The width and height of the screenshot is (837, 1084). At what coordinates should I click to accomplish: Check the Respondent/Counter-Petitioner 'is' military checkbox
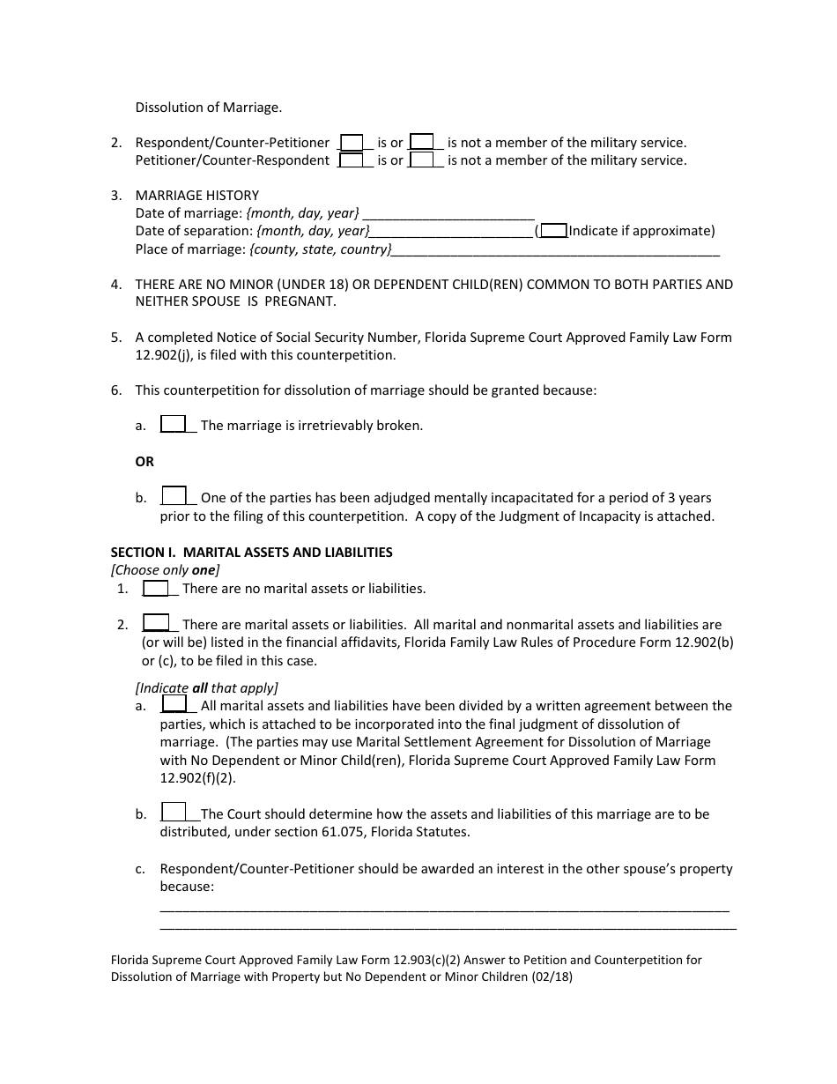coord(352,142)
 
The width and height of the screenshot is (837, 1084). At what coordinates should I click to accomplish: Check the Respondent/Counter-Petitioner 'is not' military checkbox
coord(422,142)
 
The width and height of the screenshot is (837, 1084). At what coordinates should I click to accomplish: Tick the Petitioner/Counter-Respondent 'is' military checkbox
coord(352,160)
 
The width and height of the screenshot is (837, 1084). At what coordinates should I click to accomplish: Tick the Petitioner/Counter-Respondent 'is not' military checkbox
coord(422,160)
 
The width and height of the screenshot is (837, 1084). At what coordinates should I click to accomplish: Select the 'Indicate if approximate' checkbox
coord(553,231)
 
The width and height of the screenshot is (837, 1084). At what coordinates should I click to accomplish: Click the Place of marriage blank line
coord(555,250)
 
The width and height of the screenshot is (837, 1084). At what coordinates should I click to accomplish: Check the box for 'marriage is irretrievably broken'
coord(173,424)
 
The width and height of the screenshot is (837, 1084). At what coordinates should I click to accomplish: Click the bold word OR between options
coord(144,462)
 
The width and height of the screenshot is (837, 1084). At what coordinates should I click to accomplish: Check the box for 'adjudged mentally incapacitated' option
coord(174,496)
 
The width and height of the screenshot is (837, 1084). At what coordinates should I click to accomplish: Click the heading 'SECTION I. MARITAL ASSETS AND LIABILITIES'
coord(251,553)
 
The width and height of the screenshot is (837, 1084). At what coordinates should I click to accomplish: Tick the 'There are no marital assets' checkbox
coord(156,588)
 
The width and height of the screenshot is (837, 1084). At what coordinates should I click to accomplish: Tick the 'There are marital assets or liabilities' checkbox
coord(156,623)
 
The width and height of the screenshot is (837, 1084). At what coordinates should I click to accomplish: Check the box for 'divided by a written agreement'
coord(174,704)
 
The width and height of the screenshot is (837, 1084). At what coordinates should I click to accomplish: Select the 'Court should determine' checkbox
coord(174,813)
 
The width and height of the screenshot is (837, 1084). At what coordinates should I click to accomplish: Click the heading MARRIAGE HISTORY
coord(196,196)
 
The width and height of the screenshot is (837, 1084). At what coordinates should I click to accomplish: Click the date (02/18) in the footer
coord(553,976)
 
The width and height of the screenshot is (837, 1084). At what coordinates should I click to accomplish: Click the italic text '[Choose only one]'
coord(165,570)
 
